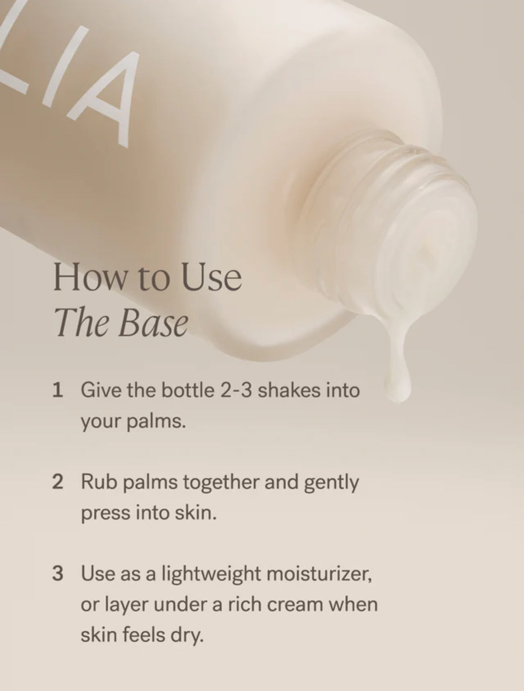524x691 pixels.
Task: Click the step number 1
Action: [57, 390]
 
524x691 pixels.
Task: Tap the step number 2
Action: [57, 483]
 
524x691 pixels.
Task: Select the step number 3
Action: [57, 574]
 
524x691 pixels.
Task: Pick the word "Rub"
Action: [96, 483]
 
